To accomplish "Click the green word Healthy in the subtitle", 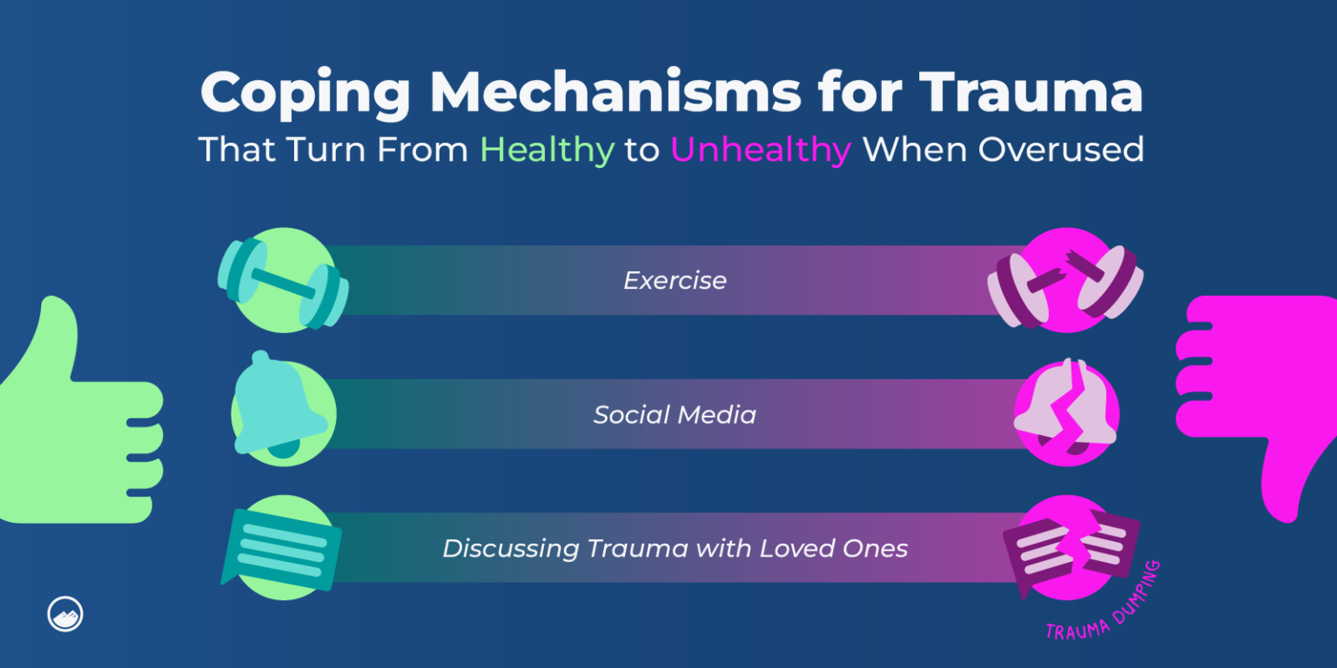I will tap(547, 150).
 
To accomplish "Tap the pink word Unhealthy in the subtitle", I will tap(760, 150).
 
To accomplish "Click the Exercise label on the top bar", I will tap(675, 281).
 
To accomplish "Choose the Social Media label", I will tap(675, 415).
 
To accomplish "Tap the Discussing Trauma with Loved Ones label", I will tap(675, 549).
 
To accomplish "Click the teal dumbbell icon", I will tap(283, 281).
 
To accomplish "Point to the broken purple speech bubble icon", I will tap(1070, 548).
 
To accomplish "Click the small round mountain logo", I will tap(65, 615).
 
